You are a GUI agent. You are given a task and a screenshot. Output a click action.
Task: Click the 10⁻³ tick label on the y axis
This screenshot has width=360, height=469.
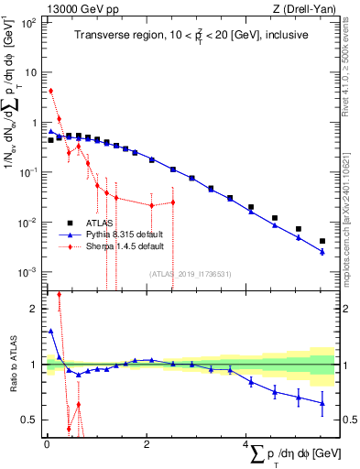pyautogui.click(x=28, y=273)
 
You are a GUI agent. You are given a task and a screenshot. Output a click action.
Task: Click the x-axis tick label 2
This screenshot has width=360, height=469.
pyautogui.click(x=147, y=444)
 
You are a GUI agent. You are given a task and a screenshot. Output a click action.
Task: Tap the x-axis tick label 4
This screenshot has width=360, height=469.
pyautogui.click(x=246, y=444)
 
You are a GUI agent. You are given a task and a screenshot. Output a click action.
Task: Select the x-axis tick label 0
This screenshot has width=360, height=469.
pyautogui.click(x=47, y=444)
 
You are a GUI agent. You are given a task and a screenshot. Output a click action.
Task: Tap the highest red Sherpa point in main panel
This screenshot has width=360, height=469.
pyautogui.click(x=51, y=91)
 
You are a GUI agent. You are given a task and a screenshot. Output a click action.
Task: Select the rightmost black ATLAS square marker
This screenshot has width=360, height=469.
pyautogui.click(x=322, y=242)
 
